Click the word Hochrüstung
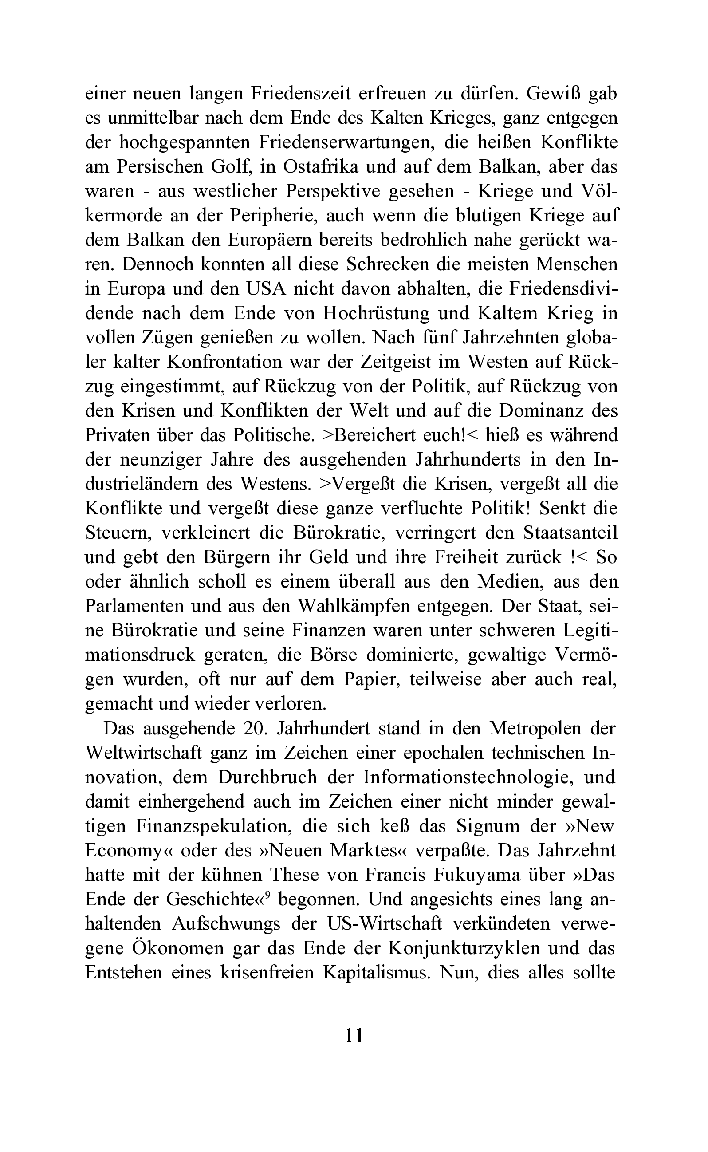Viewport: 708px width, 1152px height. click(x=376, y=313)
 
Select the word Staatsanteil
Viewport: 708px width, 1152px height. click(x=570, y=533)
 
